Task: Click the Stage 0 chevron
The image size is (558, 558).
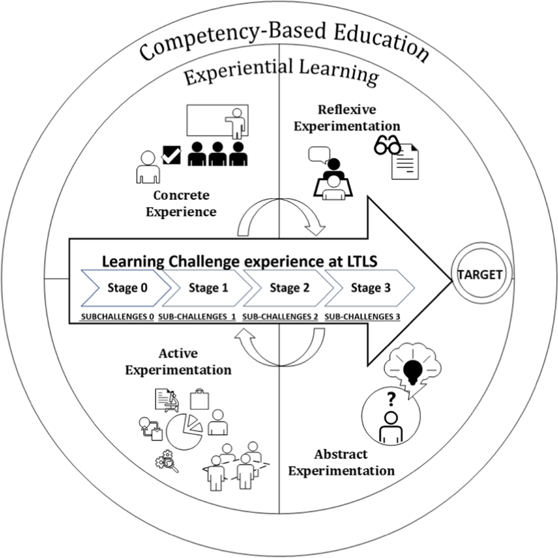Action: [127, 288]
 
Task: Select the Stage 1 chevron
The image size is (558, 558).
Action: [208, 288]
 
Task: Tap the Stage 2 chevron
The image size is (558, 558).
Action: [289, 288]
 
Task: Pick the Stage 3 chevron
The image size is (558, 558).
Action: [371, 288]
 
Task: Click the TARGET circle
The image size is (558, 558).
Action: [480, 275]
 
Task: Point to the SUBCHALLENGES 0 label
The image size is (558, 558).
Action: [117, 317]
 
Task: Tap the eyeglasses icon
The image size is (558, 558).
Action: [387, 146]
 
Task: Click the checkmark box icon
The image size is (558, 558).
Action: [171, 155]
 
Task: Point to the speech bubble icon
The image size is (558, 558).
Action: [319, 155]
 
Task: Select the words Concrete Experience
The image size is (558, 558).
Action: [181, 204]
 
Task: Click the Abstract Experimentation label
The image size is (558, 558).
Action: [341, 462]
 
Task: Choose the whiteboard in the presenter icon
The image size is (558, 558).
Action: [212, 120]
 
